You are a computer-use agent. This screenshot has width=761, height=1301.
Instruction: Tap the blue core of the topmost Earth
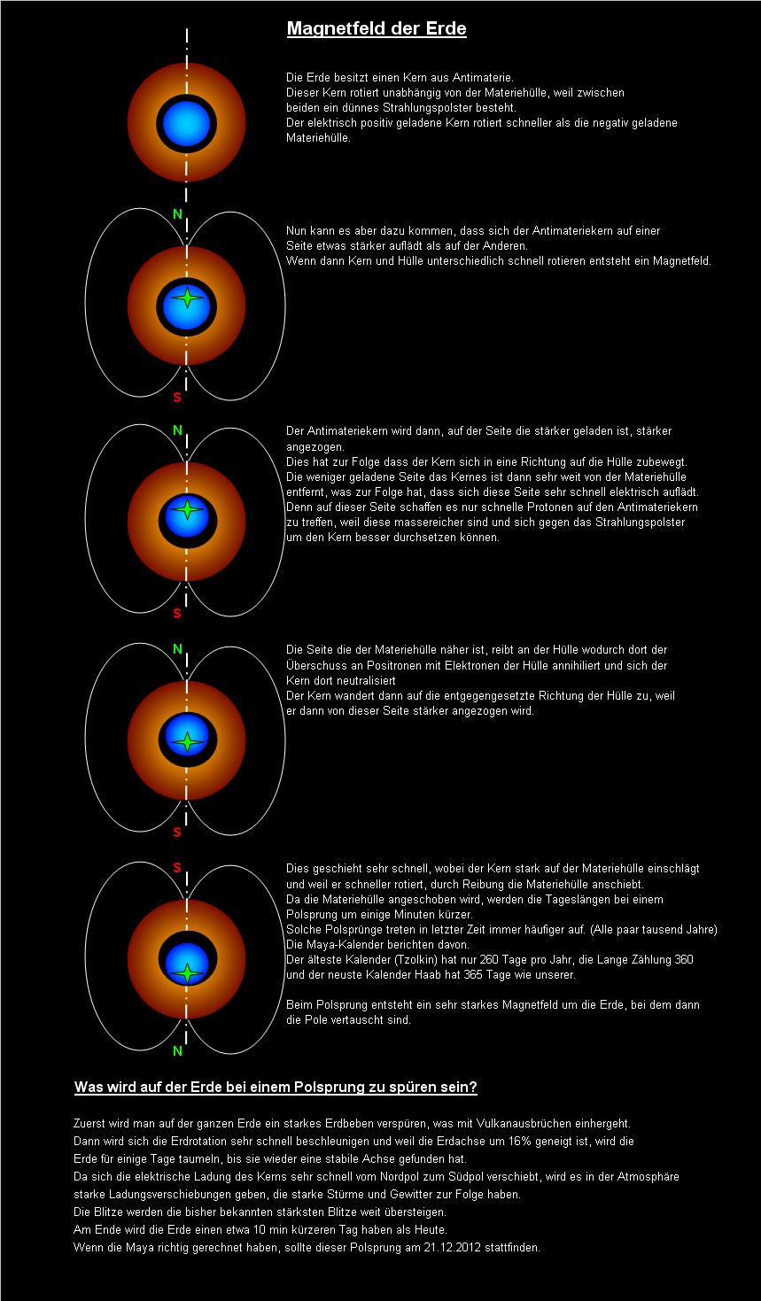click(186, 123)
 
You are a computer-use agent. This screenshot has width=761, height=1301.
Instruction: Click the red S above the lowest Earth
click(177, 868)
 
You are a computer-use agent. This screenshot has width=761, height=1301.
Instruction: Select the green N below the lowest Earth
click(178, 1050)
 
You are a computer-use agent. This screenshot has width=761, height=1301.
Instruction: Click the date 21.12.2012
click(453, 1247)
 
